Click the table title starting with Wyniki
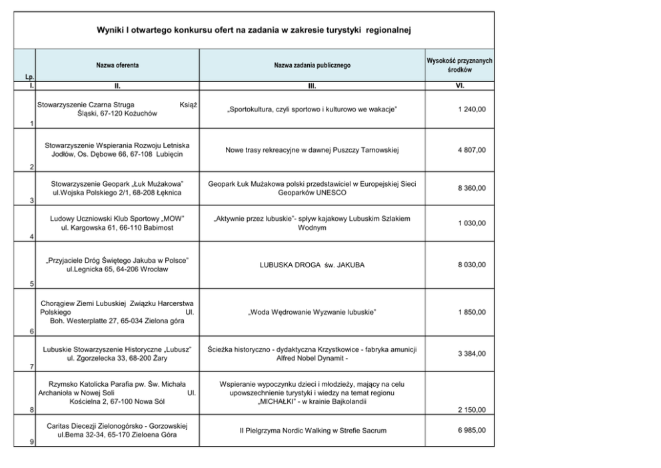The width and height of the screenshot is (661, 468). pos(254,30)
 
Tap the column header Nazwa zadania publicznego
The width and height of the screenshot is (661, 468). pos(312,65)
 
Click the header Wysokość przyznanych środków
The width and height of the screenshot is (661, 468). pos(459,65)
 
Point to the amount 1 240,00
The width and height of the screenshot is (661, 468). pos(472,109)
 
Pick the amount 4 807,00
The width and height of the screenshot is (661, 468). pos(472,150)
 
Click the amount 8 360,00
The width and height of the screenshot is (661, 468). pos(472,189)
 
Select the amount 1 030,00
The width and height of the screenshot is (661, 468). pos(472,223)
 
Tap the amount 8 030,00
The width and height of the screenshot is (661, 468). pos(472,265)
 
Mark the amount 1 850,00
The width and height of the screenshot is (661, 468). pos(472,312)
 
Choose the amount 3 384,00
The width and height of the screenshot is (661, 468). pos(472,353)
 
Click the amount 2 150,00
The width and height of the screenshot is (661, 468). pos(472,409)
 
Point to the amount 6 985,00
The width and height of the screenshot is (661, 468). pos(472,431)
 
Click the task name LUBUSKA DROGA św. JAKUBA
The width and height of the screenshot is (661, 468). pos(312,265)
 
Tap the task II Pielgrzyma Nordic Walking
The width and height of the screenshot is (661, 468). pos(312,431)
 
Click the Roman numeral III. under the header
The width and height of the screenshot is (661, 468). pos(312,86)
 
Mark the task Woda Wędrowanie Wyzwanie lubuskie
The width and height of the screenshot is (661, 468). pos(312,312)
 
